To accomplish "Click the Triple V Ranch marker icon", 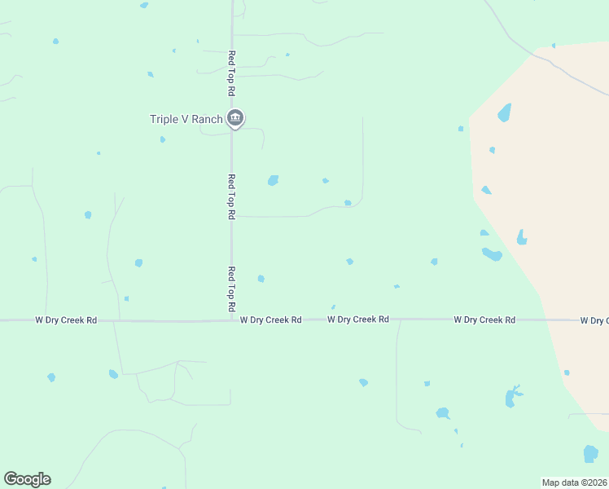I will click(x=235, y=118).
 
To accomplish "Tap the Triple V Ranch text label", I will click(x=186, y=119).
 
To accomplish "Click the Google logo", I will click(x=27, y=479).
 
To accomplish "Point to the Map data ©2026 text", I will click(x=575, y=482).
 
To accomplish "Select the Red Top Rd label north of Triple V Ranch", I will click(x=231, y=74).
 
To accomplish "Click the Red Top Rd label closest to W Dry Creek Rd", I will click(x=231, y=289).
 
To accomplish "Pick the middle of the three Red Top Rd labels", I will click(x=231, y=196).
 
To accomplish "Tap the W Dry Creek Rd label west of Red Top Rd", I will click(x=66, y=320).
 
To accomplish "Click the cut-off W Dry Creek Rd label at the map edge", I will click(x=594, y=320).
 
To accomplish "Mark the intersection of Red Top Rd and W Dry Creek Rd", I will click(x=231, y=320).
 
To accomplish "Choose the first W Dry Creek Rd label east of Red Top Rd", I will click(x=271, y=320).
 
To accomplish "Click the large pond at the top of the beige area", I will click(x=505, y=112).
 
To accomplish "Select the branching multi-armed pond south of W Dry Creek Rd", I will click(x=512, y=395).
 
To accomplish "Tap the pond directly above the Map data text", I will click(x=591, y=453).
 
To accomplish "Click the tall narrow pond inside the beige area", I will click(x=521, y=237).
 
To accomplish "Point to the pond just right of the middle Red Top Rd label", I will click(x=273, y=180).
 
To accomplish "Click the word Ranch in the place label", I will click(x=207, y=119).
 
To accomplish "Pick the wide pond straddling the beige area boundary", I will click(x=492, y=254).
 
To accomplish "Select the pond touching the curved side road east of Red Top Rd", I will click(x=348, y=203).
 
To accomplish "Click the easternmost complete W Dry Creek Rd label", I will click(x=484, y=320).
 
